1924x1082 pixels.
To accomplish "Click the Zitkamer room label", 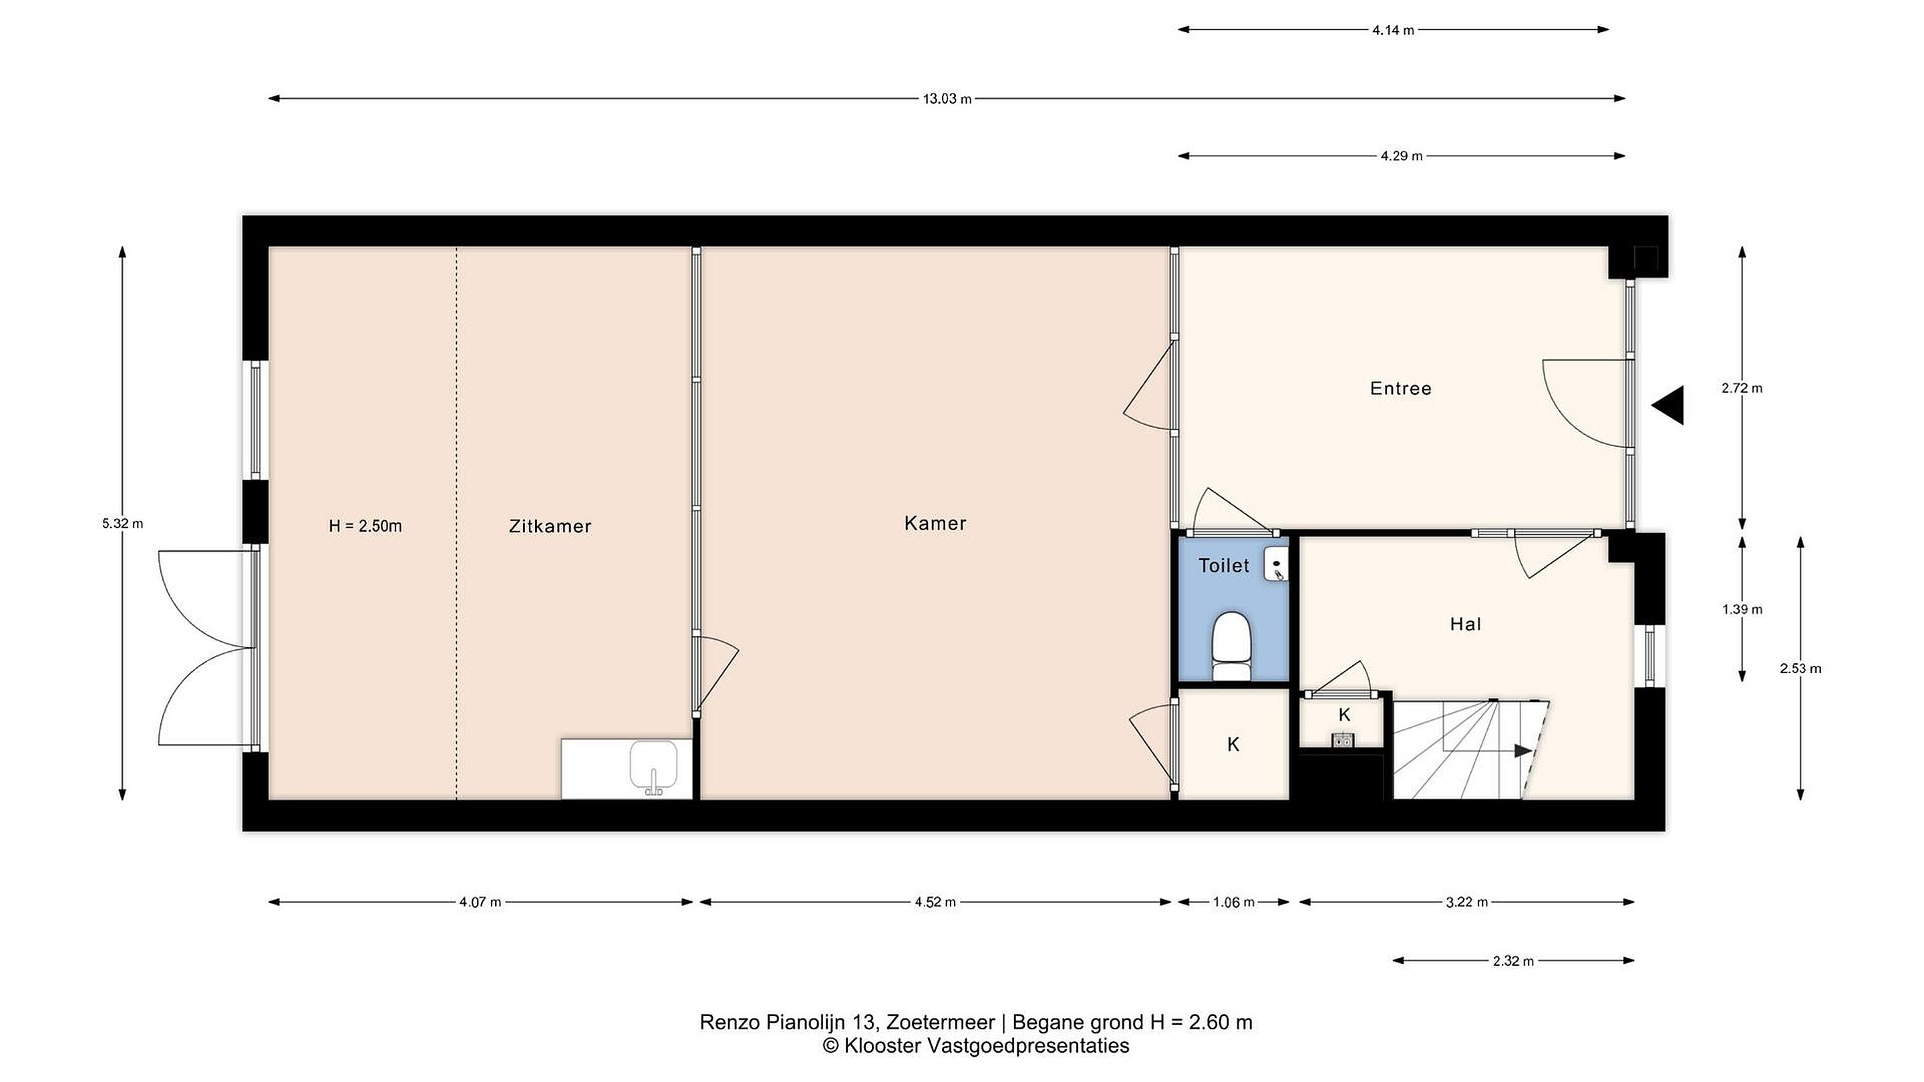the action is (x=550, y=526).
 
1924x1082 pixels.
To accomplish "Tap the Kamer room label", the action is (x=935, y=524).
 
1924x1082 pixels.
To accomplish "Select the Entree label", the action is (x=1400, y=388).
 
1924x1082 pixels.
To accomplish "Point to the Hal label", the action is (x=1466, y=624).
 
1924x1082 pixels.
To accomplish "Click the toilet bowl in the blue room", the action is (x=1231, y=647).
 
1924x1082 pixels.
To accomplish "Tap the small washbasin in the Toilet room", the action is (x=1277, y=564).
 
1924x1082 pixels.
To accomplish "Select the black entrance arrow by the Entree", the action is (x=1668, y=405).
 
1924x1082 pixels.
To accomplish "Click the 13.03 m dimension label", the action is (x=947, y=99).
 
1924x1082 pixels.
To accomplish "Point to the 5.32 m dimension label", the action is (x=122, y=524).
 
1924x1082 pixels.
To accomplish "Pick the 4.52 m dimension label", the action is (x=935, y=902).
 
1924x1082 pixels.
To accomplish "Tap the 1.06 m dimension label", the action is (x=1233, y=902).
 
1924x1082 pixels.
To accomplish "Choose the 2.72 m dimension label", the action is (x=1742, y=388).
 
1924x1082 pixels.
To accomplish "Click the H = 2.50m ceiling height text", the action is (x=365, y=526).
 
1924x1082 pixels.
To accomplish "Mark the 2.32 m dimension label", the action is (x=1513, y=961).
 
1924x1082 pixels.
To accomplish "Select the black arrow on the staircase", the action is (x=1523, y=751).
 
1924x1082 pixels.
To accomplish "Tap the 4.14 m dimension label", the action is (x=1393, y=31).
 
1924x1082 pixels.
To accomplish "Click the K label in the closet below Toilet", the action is (x=1233, y=745).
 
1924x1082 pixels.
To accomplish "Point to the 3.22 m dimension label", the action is (x=1467, y=902).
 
